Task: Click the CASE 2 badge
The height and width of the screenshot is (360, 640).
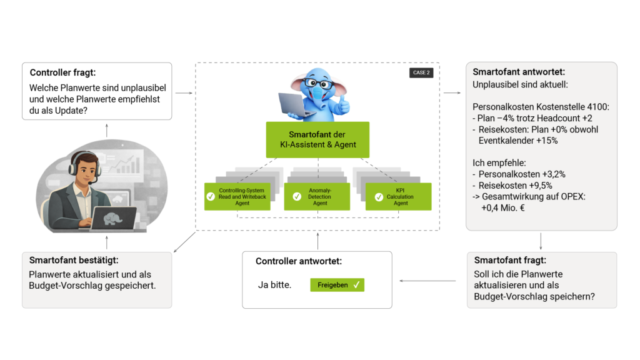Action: pos(421,72)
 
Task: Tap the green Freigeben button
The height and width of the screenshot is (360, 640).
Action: pos(337,285)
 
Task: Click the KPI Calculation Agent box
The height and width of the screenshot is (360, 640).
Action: pos(398,197)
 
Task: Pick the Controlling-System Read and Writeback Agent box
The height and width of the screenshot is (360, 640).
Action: pos(237,197)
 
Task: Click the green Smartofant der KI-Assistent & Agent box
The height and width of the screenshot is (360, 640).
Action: pos(318,139)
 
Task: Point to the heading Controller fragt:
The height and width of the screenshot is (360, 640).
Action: pos(62,73)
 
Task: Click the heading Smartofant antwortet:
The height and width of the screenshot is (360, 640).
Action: pos(519,72)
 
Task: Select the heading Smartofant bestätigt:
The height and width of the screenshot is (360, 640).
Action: pos(74,260)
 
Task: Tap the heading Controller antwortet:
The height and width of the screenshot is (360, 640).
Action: pos(299,261)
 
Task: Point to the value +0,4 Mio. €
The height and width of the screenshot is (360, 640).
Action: pos(502,207)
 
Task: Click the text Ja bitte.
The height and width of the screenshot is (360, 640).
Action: pos(274,285)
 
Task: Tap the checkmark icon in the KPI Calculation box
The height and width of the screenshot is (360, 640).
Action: pos(378,197)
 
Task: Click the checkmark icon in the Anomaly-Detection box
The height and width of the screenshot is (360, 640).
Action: pos(297,197)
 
